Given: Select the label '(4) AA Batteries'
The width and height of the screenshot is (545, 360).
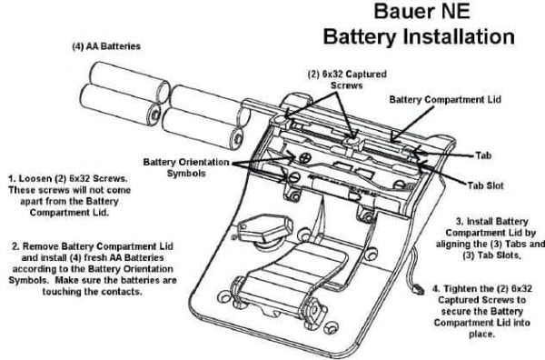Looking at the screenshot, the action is (x=106, y=46).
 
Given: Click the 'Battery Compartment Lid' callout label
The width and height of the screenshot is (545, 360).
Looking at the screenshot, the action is (x=445, y=99).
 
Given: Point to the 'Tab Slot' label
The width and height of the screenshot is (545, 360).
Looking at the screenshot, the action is (x=485, y=185).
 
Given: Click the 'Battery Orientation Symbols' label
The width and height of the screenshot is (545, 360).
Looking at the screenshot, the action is (x=186, y=167).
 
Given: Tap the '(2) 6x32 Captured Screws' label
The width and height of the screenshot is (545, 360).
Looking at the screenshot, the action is (x=347, y=80).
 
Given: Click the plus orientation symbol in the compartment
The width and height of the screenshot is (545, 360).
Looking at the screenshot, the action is (x=304, y=157).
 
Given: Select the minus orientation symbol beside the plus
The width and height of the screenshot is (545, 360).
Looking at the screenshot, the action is (x=294, y=177).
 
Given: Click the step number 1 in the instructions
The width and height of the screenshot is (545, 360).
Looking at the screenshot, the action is (x=12, y=179).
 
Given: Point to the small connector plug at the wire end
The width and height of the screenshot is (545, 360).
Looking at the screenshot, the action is (x=419, y=289).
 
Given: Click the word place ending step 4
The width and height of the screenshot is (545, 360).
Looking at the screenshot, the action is (x=481, y=335).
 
